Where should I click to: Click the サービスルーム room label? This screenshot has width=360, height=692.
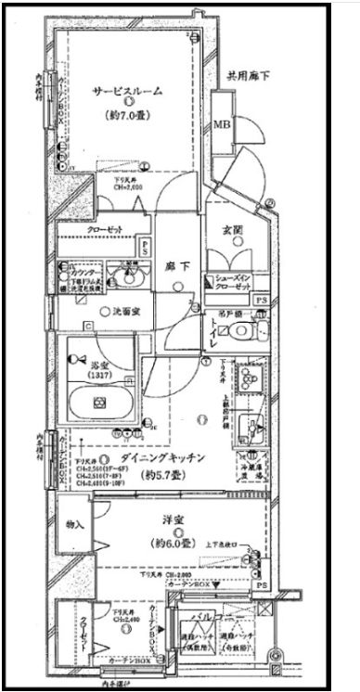pos(126,91)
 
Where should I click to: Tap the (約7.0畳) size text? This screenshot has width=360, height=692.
pos(126,120)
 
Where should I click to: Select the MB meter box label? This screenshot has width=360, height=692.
pos(223,125)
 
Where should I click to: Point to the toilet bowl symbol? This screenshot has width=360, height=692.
pos(262,329)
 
